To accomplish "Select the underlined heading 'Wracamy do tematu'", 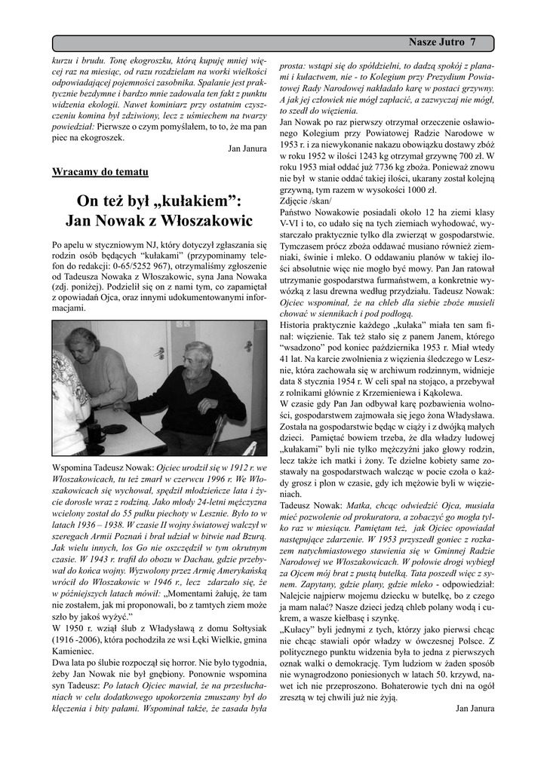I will pos(100,172).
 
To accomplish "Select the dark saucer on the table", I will pos(114,428).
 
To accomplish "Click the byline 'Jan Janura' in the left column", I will pos(247,149).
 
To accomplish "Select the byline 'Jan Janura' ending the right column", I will pos(475,709).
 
